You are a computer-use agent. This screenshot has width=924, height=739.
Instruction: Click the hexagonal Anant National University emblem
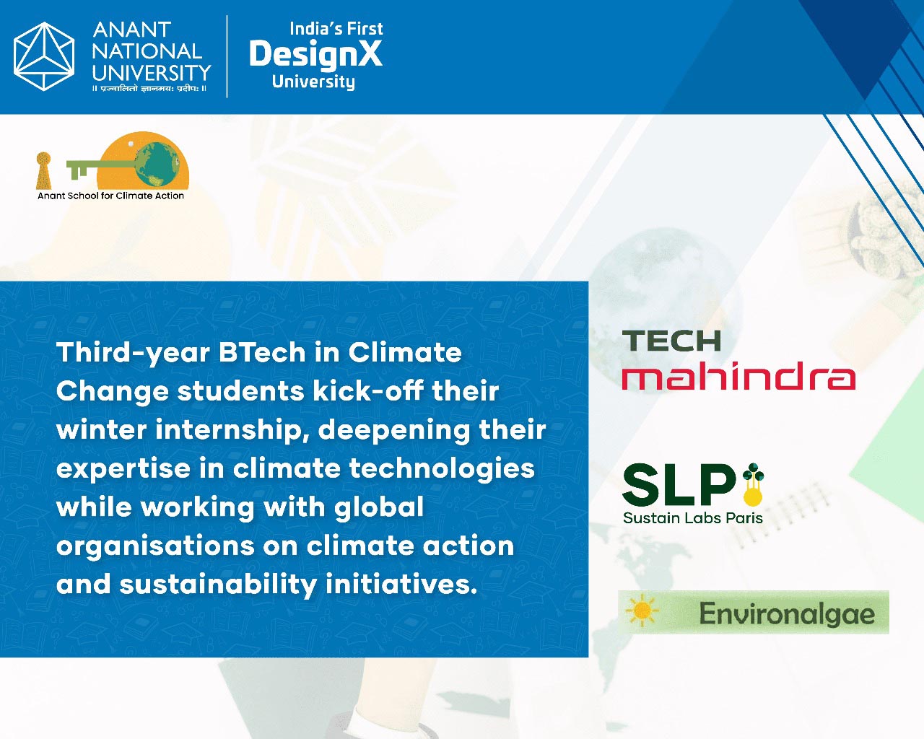click(44, 56)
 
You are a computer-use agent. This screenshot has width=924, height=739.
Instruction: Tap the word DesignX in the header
click(315, 55)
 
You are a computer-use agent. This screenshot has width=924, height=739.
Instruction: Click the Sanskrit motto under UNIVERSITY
click(150, 89)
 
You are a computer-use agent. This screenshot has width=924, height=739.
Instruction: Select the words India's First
click(336, 29)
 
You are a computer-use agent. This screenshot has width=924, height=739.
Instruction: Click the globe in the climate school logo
click(157, 164)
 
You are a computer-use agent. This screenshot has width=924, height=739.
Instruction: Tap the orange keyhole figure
click(43, 170)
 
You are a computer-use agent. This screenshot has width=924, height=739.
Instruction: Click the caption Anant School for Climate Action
click(110, 196)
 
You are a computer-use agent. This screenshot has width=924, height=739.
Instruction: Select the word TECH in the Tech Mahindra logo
click(671, 341)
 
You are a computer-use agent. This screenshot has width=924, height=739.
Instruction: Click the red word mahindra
click(738, 376)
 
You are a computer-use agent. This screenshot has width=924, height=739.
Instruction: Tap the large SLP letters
click(679, 485)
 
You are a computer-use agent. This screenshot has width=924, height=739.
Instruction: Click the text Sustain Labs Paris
click(693, 518)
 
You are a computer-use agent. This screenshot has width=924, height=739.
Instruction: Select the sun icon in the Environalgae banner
click(642, 610)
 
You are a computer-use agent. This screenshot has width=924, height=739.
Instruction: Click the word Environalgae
click(787, 614)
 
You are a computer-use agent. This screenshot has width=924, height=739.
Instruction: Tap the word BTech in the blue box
click(262, 352)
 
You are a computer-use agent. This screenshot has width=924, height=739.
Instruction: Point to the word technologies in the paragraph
click(442, 470)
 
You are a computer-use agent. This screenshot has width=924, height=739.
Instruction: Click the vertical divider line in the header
click(227, 57)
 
